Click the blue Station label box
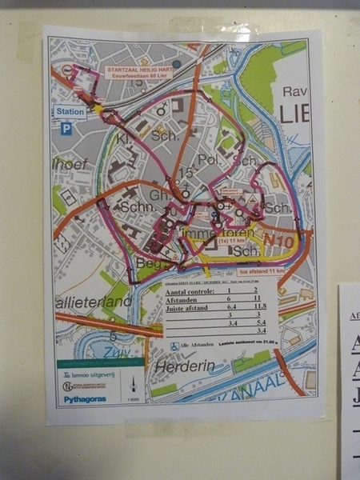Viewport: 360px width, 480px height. pyautogui.click(x=70, y=112)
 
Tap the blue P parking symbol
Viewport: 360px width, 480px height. pyautogui.click(x=67, y=128)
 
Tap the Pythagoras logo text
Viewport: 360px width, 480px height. pyautogui.click(x=85, y=399)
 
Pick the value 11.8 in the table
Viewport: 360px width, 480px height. pyautogui.click(x=260, y=305)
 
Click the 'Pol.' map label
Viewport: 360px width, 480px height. pyautogui.click(x=208, y=160)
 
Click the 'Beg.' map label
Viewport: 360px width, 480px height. pyautogui.click(x=129, y=262)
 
